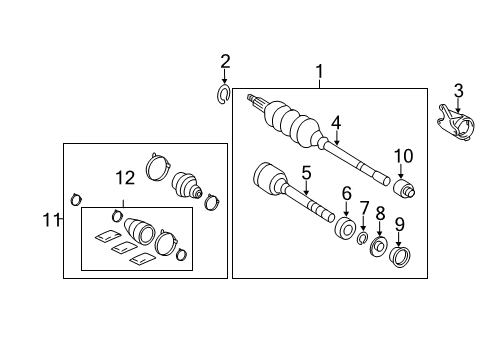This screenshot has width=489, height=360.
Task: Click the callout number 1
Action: tap(319, 71)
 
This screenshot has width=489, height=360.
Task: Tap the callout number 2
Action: tap(225, 63)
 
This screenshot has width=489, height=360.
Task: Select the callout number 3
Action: tap(457, 92)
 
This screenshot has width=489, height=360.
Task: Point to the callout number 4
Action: tap(337, 123)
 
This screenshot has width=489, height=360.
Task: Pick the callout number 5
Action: tap(306, 172)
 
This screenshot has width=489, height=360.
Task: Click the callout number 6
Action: tap(347, 194)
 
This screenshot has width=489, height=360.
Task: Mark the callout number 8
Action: tap(380, 213)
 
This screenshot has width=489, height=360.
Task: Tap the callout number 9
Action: tap(399, 224)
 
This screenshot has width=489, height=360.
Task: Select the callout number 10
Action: tap(402, 156)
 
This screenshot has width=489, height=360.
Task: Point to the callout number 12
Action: tap(123, 179)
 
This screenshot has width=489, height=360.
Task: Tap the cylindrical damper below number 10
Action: tap(404, 188)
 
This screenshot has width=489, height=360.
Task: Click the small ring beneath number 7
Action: tap(364, 237)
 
